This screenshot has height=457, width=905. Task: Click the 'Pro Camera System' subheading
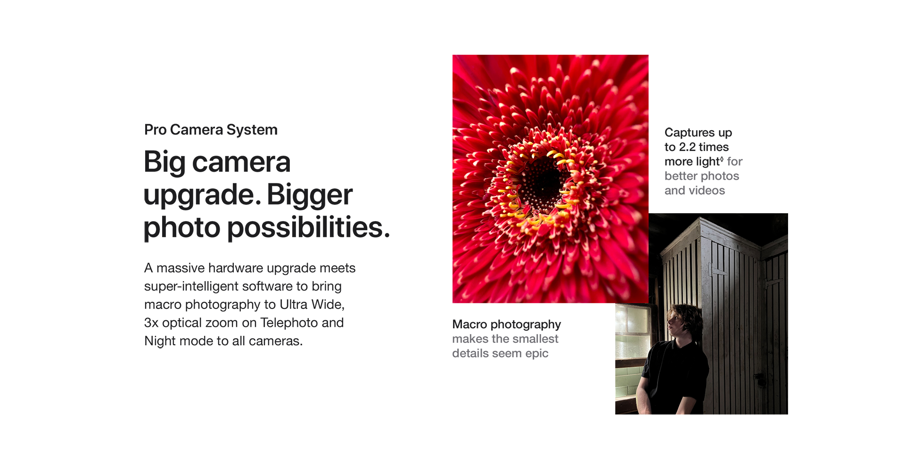click(x=211, y=130)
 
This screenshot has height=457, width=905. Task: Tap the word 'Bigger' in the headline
click(x=310, y=195)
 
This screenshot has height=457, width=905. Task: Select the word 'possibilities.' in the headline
click(x=309, y=228)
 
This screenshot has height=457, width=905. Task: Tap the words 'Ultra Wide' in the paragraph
click(x=312, y=305)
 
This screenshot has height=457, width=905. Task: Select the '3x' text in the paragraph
click(x=151, y=323)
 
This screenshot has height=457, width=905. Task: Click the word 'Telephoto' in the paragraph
click(x=289, y=323)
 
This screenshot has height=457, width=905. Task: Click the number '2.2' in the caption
click(x=687, y=147)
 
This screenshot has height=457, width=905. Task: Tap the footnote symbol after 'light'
click(x=722, y=159)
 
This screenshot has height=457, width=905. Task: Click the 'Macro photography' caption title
click(x=507, y=325)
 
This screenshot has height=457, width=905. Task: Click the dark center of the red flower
click(x=544, y=182)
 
